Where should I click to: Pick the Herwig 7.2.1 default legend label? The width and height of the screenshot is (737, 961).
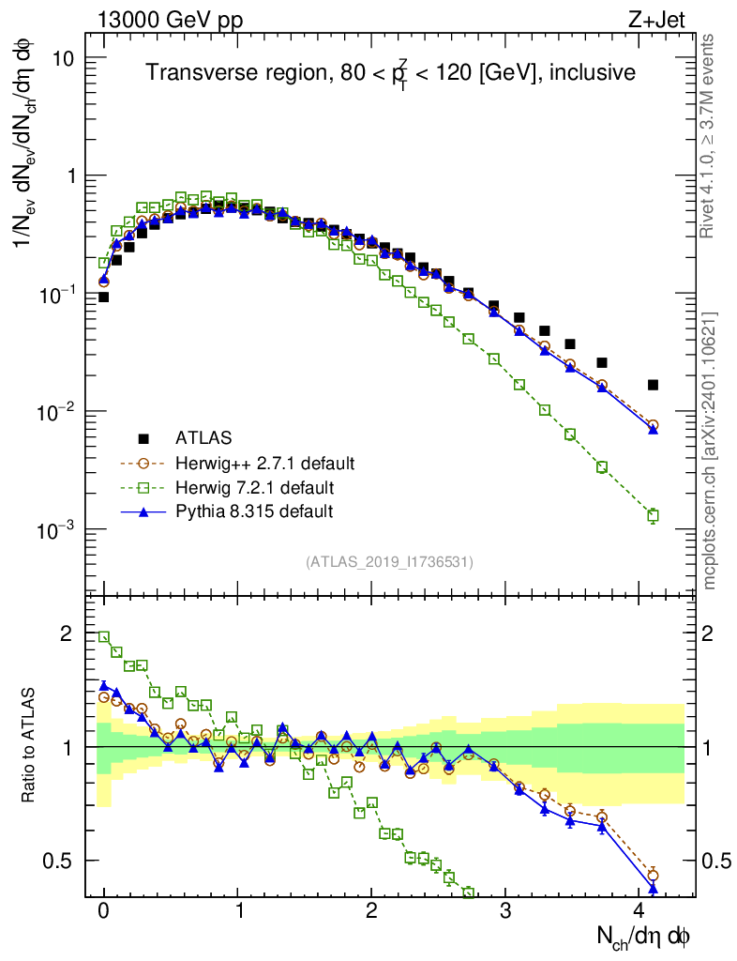(254, 487)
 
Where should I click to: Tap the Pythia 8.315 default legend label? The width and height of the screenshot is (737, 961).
(254, 511)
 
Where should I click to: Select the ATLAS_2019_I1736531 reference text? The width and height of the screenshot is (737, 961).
(389, 562)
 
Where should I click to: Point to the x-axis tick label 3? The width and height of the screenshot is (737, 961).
(505, 911)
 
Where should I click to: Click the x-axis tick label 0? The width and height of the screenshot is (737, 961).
(104, 911)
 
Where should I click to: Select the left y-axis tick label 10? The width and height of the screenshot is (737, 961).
(63, 58)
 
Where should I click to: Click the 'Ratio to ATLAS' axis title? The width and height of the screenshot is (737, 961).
(30, 746)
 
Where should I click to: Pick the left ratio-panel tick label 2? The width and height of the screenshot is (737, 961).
(67, 633)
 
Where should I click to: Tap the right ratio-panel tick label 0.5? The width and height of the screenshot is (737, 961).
(716, 861)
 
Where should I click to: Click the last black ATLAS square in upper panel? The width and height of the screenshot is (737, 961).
(653, 385)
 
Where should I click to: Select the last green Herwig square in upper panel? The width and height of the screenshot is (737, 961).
(653, 514)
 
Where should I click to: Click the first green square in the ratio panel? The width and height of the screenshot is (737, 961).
(104, 636)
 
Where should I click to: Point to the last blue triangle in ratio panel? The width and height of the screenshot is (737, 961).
(653, 888)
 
